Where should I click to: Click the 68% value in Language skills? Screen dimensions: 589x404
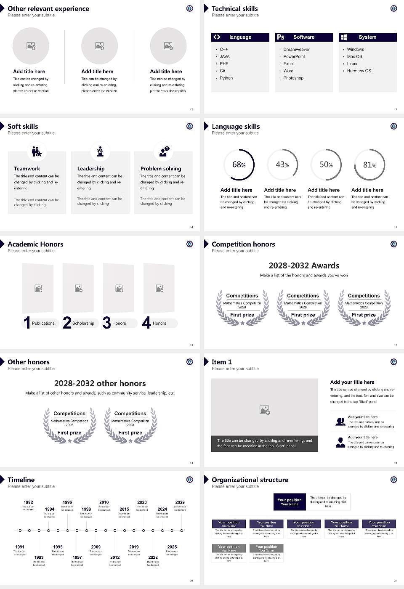click(x=239, y=164)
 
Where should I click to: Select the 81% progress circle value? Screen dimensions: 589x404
click(x=369, y=165)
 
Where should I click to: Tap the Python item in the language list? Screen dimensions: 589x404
click(x=226, y=78)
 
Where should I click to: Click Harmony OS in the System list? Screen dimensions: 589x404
click(x=359, y=71)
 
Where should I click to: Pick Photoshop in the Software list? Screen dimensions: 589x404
click(x=293, y=78)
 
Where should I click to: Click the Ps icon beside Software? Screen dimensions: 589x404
click(x=281, y=37)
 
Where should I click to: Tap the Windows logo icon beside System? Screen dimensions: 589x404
click(x=344, y=37)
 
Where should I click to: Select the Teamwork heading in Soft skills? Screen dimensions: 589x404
click(x=27, y=168)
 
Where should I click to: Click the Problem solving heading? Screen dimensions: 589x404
click(x=161, y=168)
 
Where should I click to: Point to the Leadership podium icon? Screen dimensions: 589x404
click(x=100, y=151)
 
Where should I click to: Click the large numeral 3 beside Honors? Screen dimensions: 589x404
click(x=107, y=323)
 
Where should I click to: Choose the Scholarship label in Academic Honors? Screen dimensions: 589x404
click(x=83, y=323)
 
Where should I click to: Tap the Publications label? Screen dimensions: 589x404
click(x=43, y=323)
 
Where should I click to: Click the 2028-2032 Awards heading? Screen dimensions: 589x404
click(x=304, y=265)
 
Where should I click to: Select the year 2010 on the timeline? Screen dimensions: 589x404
click(x=104, y=502)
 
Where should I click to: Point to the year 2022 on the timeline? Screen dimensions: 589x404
click(x=153, y=557)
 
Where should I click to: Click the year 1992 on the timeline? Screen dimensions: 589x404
click(x=28, y=502)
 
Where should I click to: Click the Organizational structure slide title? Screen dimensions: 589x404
click(x=250, y=480)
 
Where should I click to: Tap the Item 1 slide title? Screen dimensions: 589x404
click(x=221, y=362)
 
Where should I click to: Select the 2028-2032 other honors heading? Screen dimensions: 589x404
click(x=100, y=383)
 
